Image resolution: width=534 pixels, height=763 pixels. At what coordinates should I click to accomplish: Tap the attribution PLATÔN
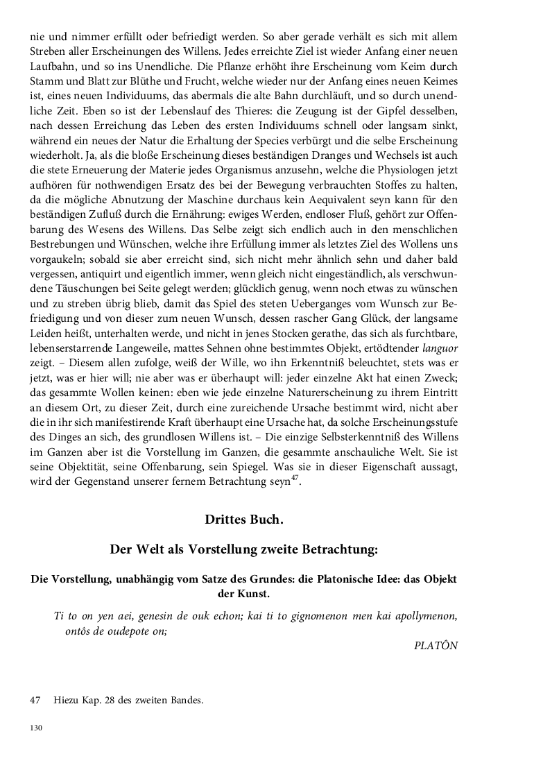click(x=436, y=646)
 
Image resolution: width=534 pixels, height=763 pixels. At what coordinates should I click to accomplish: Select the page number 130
click(x=37, y=727)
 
